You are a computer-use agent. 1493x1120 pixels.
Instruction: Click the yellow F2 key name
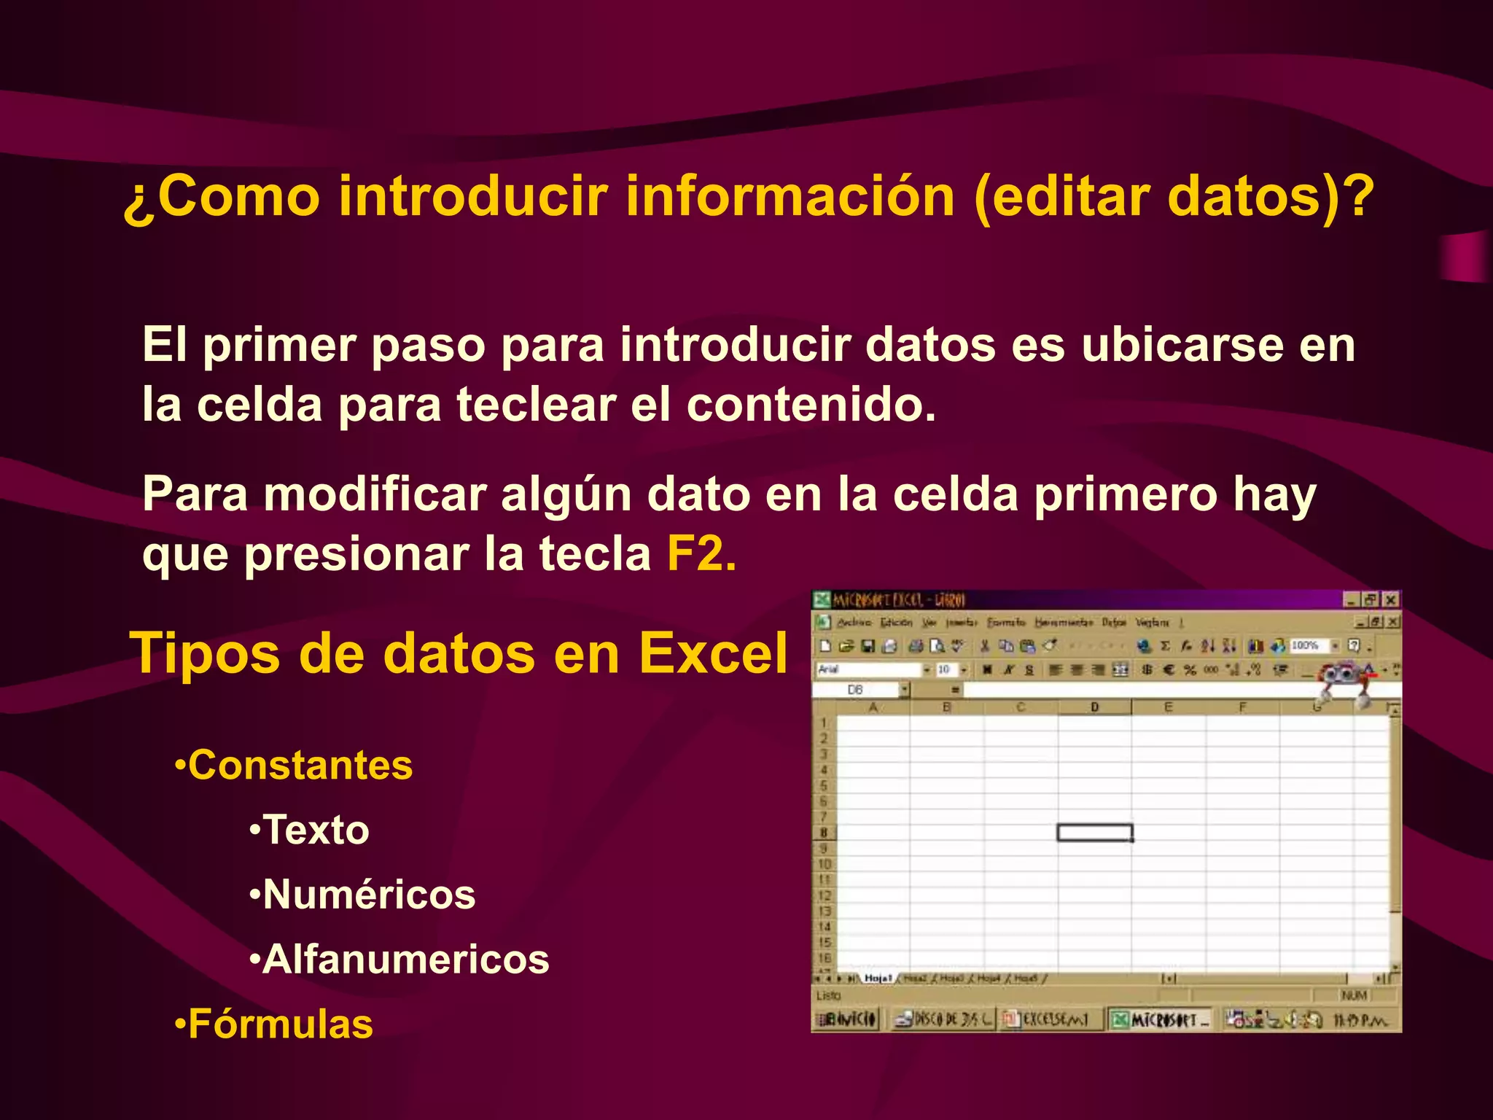pyautogui.click(x=700, y=555)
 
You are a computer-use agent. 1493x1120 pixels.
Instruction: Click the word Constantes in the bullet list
pyautogui.click(x=300, y=766)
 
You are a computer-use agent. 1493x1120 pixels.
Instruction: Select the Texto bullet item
pyautogui.click(x=316, y=831)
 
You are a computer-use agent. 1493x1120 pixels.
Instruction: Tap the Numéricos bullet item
pyautogui.click(x=369, y=895)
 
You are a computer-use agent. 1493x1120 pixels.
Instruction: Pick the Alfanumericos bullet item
pyautogui.click(x=405, y=960)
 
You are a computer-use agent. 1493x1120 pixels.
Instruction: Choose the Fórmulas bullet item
pyautogui.click(x=281, y=1024)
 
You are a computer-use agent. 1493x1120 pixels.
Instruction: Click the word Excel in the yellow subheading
pyautogui.click(x=713, y=653)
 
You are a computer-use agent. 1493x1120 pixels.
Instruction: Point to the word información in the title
pyautogui.click(x=790, y=197)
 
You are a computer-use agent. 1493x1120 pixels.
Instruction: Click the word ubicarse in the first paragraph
pyautogui.click(x=1181, y=345)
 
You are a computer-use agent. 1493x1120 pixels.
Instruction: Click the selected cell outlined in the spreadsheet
pyautogui.click(x=1094, y=833)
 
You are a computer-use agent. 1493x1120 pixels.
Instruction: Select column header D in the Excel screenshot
pyautogui.click(x=1094, y=707)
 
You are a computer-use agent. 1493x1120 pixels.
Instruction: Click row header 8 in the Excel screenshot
pyautogui.click(x=824, y=833)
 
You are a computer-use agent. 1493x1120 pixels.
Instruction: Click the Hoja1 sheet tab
pyautogui.click(x=878, y=978)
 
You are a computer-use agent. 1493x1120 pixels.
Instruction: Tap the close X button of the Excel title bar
pyautogui.click(x=1391, y=600)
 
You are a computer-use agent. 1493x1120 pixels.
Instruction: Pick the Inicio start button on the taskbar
pyautogui.click(x=847, y=1019)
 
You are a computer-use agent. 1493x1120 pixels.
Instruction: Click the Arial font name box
pyautogui.click(x=868, y=669)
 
